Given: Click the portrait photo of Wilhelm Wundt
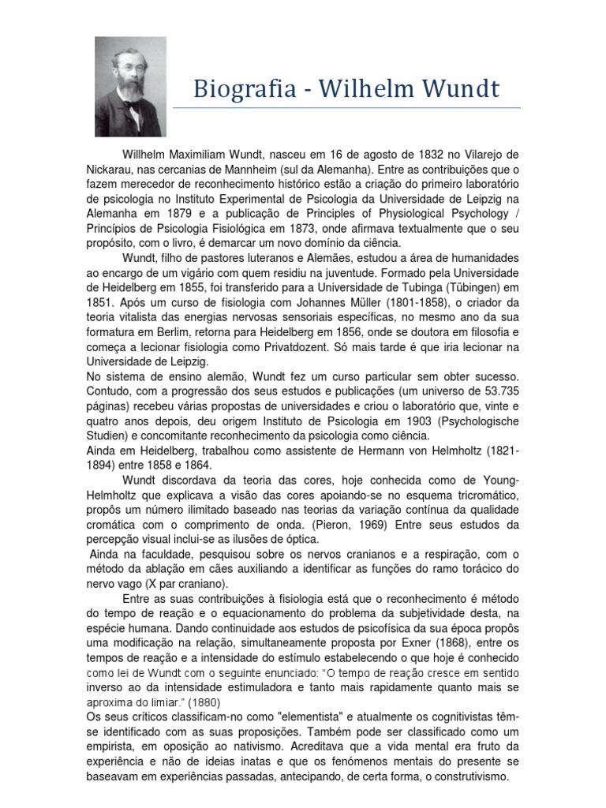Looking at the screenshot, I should (x=130, y=86).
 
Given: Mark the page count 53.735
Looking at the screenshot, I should (x=496, y=391).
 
